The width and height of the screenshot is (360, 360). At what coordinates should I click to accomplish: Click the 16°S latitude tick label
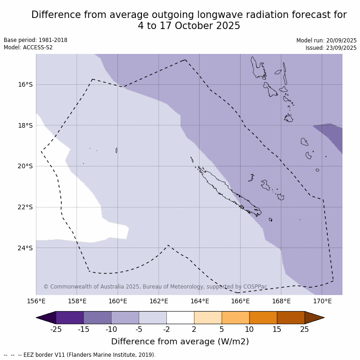coord(25,84)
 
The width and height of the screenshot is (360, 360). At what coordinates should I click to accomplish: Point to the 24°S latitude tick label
coord(25,248)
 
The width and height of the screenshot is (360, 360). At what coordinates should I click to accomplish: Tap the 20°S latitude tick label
coord(25,166)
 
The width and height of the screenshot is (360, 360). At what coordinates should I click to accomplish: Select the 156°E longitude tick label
coord(36,301)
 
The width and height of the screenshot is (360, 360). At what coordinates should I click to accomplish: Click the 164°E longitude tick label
coord(200,301)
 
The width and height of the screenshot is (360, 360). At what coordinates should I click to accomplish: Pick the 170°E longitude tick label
coord(322,301)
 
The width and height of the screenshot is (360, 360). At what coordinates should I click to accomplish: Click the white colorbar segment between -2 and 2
coord(180,318)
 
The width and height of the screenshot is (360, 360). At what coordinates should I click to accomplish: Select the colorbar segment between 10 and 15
coord(263,318)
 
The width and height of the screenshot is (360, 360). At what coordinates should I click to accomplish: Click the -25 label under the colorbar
coord(56,329)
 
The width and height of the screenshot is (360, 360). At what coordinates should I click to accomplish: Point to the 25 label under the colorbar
coord(305,329)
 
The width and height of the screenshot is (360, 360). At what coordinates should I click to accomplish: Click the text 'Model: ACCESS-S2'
coord(28,47)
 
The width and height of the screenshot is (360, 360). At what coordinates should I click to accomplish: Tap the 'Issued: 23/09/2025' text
coord(331,48)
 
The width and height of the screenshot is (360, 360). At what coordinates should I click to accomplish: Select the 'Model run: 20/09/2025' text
coord(326,41)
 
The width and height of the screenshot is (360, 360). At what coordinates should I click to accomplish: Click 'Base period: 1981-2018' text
coord(35,40)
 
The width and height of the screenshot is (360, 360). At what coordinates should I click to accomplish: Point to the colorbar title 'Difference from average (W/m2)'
coord(180,342)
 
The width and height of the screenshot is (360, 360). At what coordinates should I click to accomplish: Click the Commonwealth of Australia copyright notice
coord(155,287)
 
